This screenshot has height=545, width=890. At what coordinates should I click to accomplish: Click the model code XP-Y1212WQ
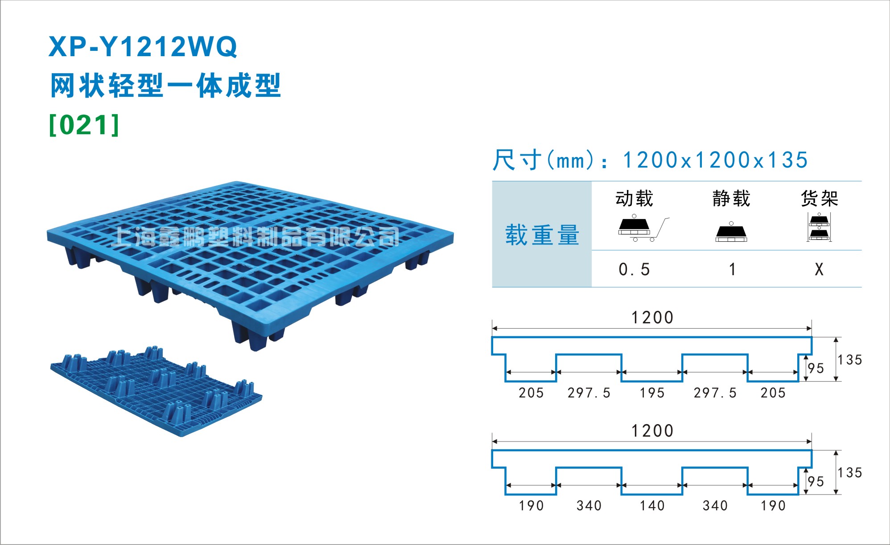143,47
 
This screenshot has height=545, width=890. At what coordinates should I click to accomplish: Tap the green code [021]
84,125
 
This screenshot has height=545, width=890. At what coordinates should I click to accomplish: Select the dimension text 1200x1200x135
715,160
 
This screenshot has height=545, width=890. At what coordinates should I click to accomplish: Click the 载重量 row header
542,235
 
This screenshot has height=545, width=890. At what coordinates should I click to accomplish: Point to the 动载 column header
635,198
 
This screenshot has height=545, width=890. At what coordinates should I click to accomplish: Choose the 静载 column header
731,198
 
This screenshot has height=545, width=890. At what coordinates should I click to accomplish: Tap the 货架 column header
820,198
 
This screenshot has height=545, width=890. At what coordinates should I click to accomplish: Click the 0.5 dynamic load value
635,269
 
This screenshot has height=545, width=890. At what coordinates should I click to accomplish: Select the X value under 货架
819,269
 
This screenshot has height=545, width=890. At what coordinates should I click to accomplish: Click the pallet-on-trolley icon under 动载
643,228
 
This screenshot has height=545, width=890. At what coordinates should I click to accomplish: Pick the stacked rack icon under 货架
819,227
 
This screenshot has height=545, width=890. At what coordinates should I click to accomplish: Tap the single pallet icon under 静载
731,231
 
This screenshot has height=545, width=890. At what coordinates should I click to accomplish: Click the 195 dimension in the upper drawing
652,393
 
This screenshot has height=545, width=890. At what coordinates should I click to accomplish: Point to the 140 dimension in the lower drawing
652,506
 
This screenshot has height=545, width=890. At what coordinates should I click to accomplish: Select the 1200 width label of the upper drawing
652,318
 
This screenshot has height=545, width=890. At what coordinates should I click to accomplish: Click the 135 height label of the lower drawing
849,473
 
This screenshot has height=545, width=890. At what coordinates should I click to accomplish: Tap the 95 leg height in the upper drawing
816,368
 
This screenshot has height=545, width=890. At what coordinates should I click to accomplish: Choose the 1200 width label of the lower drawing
652,431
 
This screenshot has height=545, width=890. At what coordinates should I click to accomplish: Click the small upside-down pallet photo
156,391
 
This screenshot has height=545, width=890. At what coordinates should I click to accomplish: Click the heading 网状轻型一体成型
165,86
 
